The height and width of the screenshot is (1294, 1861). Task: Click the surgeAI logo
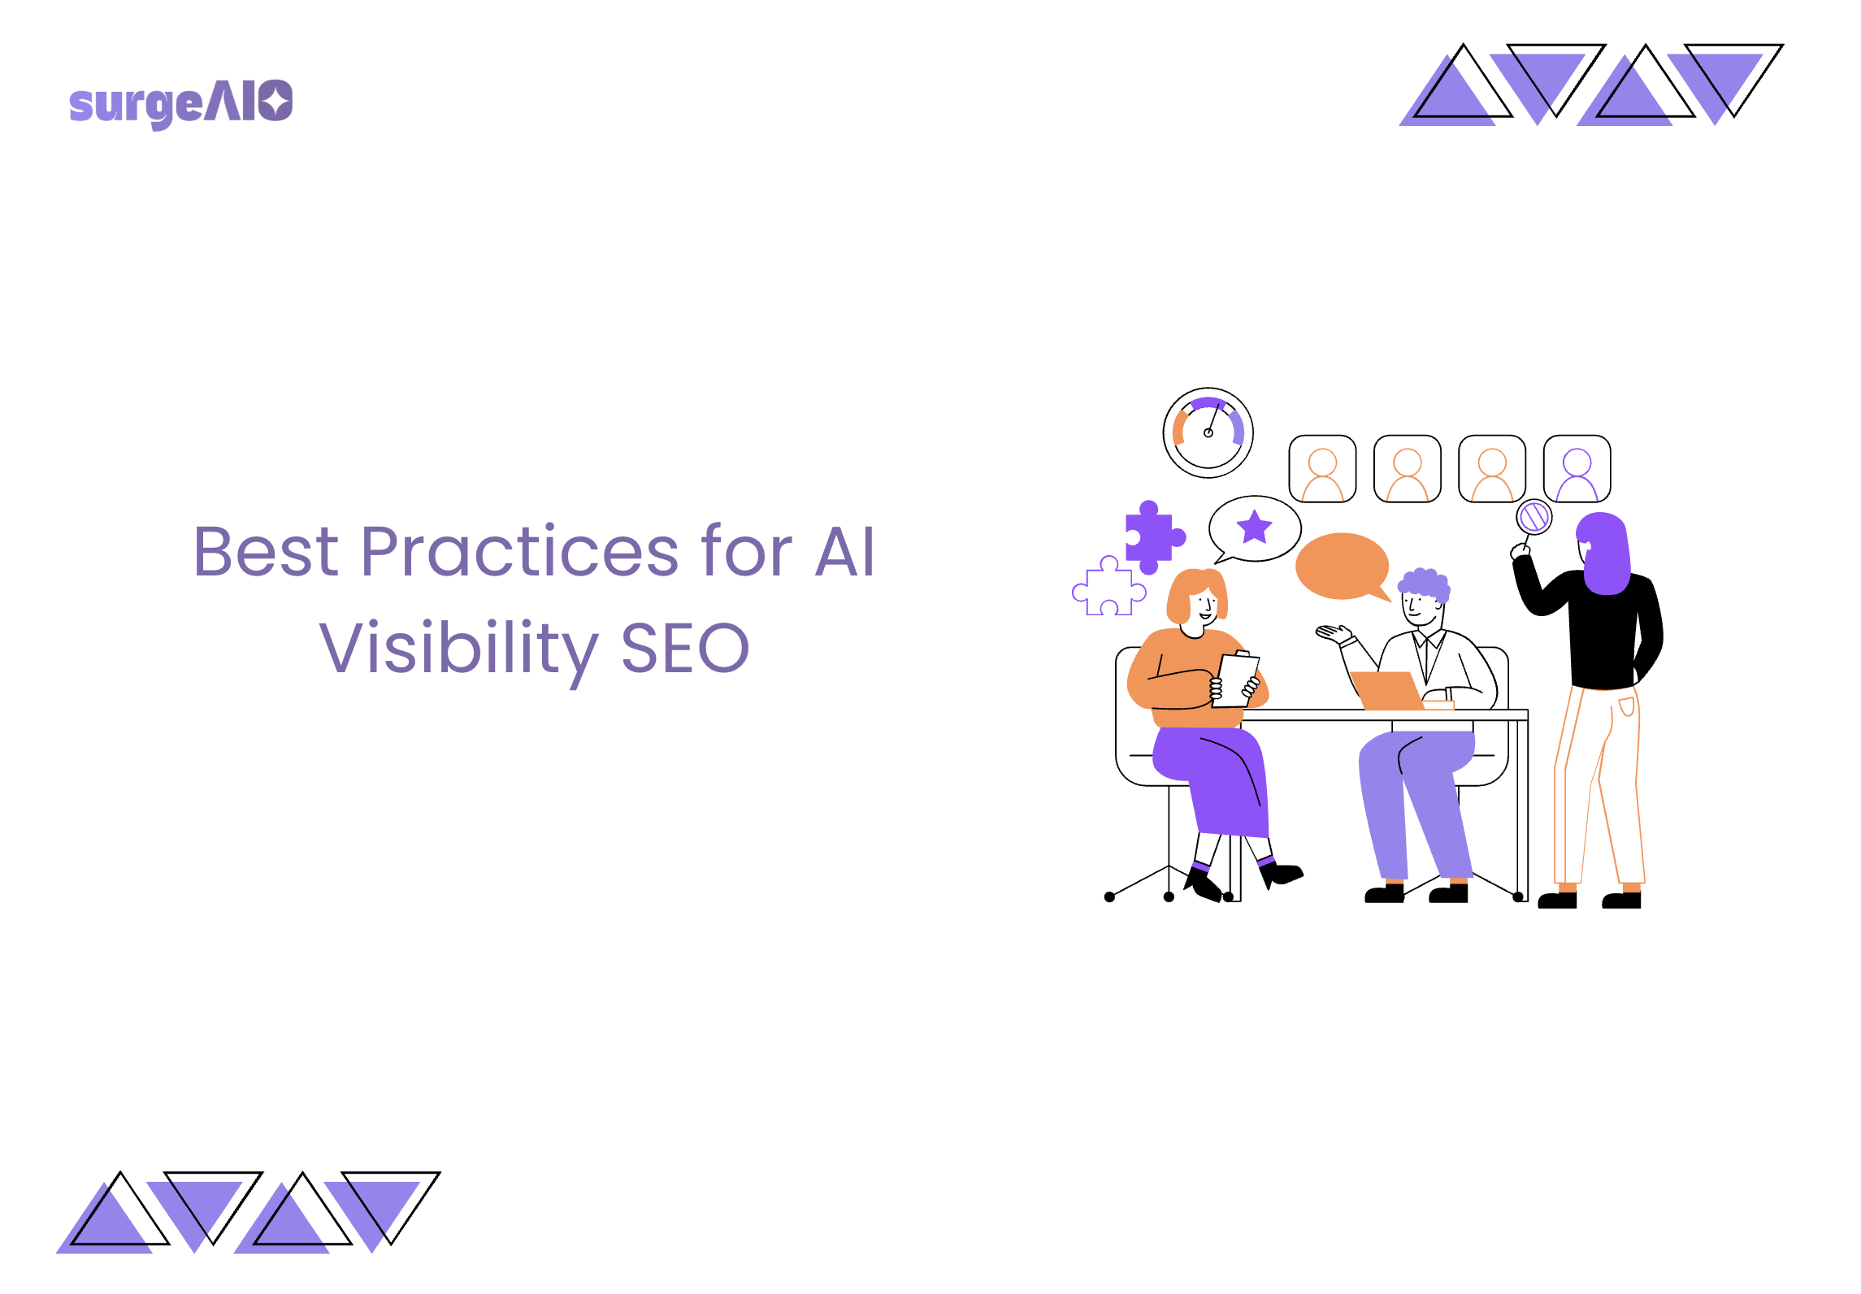pyautogui.click(x=180, y=104)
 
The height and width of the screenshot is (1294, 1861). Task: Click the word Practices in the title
pyautogui.click(x=518, y=552)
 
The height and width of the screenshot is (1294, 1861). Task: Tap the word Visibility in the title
pyautogui.click(x=458, y=649)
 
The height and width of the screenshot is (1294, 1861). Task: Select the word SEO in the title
pyautogui.click(x=684, y=649)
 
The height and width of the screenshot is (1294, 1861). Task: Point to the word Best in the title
pyautogui.click(x=266, y=552)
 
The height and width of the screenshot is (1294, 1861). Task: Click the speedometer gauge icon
pyautogui.click(x=1208, y=432)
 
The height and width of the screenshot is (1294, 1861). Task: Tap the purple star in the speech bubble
pyautogui.click(x=1254, y=527)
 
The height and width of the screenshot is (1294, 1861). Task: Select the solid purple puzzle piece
pyautogui.click(x=1152, y=537)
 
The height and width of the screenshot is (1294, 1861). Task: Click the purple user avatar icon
pyautogui.click(x=1577, y=469)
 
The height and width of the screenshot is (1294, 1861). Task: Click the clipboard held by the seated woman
pyautogui.click(x=1235, y=679)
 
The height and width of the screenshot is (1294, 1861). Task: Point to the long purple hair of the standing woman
pyautogui.click(x=1604, y=553)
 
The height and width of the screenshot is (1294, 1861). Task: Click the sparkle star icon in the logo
pyautogui.click(x=277, y=101)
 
